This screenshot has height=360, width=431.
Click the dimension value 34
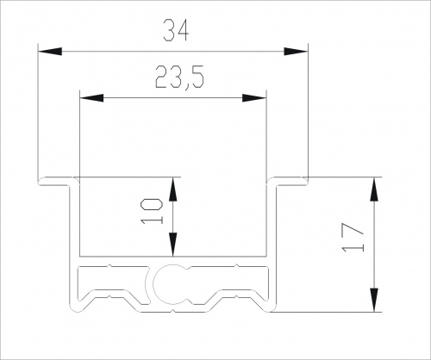(x=176, y=30)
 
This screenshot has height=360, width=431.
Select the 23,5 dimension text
(x=179, y=78)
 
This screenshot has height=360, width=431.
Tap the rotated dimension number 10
(x=152, y=211)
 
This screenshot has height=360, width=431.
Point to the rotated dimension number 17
(x=353, y=237)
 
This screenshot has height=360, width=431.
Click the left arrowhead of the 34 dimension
(x=50, y=52)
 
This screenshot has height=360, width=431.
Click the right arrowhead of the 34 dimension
(x=296, y=52)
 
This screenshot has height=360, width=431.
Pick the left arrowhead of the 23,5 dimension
(x=91, y=98)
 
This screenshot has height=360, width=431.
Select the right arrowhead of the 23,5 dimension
(x=254, y=98)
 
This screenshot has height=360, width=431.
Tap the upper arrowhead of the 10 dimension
(x=172, y=189)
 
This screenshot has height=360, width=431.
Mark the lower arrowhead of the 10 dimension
(x=172, y=245)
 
